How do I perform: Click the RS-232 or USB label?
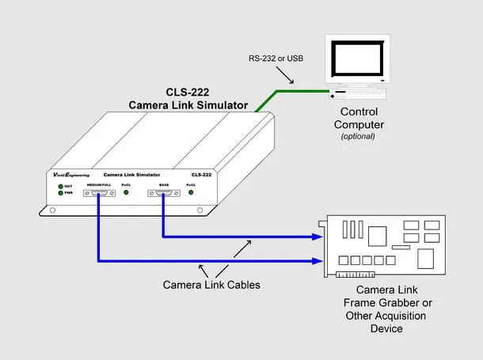(276, 59)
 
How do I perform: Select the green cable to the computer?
(277, 92)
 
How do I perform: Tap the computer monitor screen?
(358, 59)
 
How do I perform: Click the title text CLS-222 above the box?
(188, 92)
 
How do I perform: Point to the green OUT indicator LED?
(61, 186)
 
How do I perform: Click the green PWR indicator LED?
(61, 193)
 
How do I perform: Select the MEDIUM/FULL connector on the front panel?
(99, 193)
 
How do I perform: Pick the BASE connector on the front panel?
(164, 193)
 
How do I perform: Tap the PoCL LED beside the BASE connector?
(191, 192)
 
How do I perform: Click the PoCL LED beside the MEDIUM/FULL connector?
(126, 192)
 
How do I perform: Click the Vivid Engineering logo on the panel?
(71, 175)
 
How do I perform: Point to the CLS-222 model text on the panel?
(201, 175)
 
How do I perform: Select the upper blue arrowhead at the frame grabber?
(318, 237)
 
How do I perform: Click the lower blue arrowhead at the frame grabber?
(318, 261)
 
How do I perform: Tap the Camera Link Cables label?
(211, 285)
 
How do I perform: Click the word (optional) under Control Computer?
(358, 136)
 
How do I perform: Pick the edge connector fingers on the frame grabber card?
(356, 274)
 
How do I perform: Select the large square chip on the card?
(378, 236)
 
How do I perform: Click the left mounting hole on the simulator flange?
(53, 210)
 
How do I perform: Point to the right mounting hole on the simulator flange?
(200, 210)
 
